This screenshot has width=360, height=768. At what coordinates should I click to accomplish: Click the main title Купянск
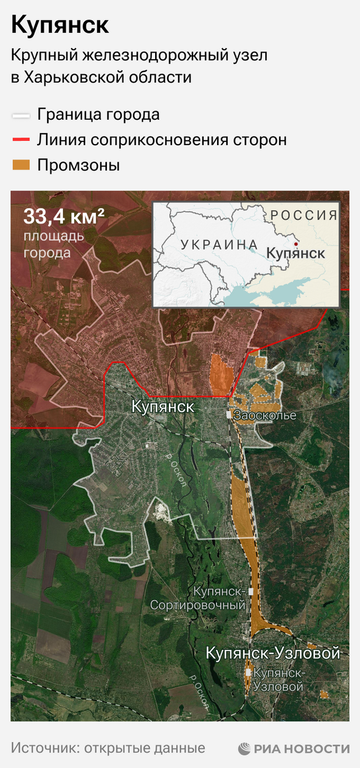pos(60,25)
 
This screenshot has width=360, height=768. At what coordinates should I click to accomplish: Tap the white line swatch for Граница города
pos(21,116)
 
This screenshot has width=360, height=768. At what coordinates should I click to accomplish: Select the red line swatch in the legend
pos(21,140)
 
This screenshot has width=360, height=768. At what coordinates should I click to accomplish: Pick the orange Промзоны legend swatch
pos(21,165)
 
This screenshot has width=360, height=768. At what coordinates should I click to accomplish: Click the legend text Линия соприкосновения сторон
pos(162,140)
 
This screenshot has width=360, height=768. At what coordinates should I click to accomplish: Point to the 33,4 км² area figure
pos(64,217)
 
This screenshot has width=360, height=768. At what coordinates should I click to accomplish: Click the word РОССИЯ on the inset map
pos(304,215)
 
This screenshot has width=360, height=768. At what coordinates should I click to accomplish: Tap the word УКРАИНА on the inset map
pos(219,245)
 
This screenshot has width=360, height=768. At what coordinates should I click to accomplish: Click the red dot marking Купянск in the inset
pos(296,243)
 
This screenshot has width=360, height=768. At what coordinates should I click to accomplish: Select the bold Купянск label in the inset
pos(295,254)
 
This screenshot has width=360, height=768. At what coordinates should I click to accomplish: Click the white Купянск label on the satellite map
pos(163,407)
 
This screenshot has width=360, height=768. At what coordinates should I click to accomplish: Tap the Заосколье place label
pos(265,415)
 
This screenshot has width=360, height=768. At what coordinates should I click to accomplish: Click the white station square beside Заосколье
pos(229,414)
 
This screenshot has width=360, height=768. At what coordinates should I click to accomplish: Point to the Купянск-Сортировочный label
pos(198,598)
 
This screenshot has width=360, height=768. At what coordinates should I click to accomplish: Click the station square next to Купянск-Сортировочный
pos(251,592)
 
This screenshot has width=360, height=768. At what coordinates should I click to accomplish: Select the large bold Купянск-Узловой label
pos(272,653)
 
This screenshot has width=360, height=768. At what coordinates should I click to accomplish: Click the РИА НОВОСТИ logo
pos(294,749)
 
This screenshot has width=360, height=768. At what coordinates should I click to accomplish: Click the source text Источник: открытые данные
pos(108,748)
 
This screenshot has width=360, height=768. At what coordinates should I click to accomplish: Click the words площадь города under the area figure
pos(54,244)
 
